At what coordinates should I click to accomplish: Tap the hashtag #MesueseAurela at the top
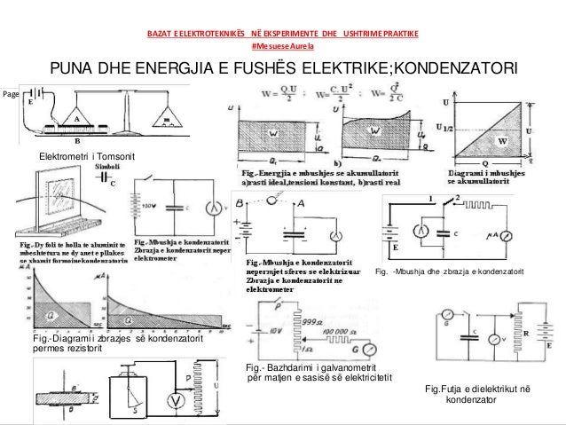[x=282, y=45]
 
